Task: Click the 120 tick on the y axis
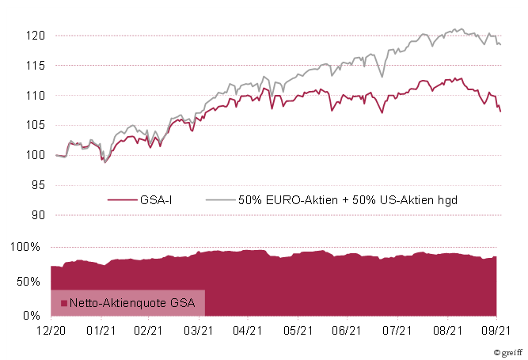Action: [35, 36]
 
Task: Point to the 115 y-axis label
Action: [35, 66]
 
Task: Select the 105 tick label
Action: [35, 125]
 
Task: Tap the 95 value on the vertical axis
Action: [37, 185]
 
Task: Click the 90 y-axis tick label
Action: [37, 214]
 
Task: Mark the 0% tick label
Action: [33, 316]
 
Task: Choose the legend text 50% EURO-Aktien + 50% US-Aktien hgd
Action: [348, 200]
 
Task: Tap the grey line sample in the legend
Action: [218, 200]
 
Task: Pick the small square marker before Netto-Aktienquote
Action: [64, 303]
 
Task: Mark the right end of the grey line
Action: [500, 44]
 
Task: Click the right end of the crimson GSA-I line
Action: [500, 112]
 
